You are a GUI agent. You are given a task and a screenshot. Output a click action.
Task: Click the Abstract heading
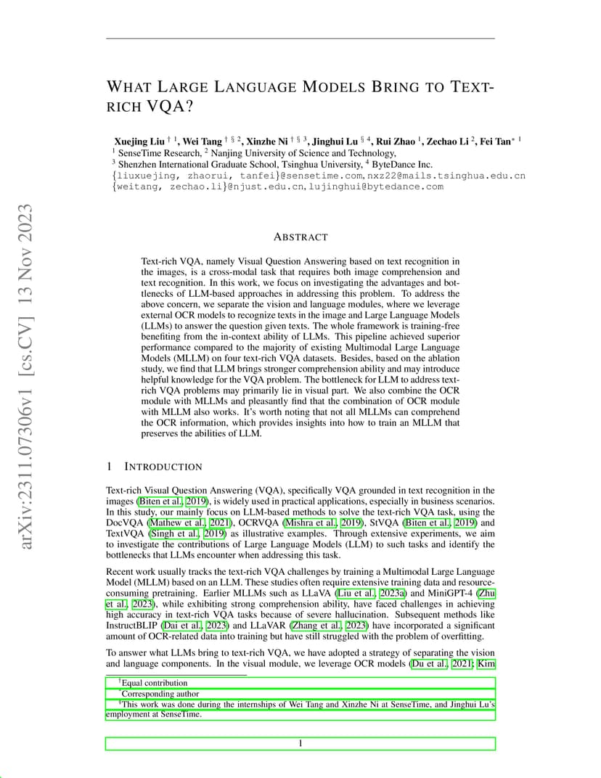(x=300, y=237)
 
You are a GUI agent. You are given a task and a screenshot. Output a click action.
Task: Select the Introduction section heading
(x=163, y=467)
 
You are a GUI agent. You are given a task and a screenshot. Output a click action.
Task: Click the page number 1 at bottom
(x=300, y=743)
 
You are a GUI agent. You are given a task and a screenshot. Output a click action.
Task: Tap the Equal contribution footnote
(x=154, y=683)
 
